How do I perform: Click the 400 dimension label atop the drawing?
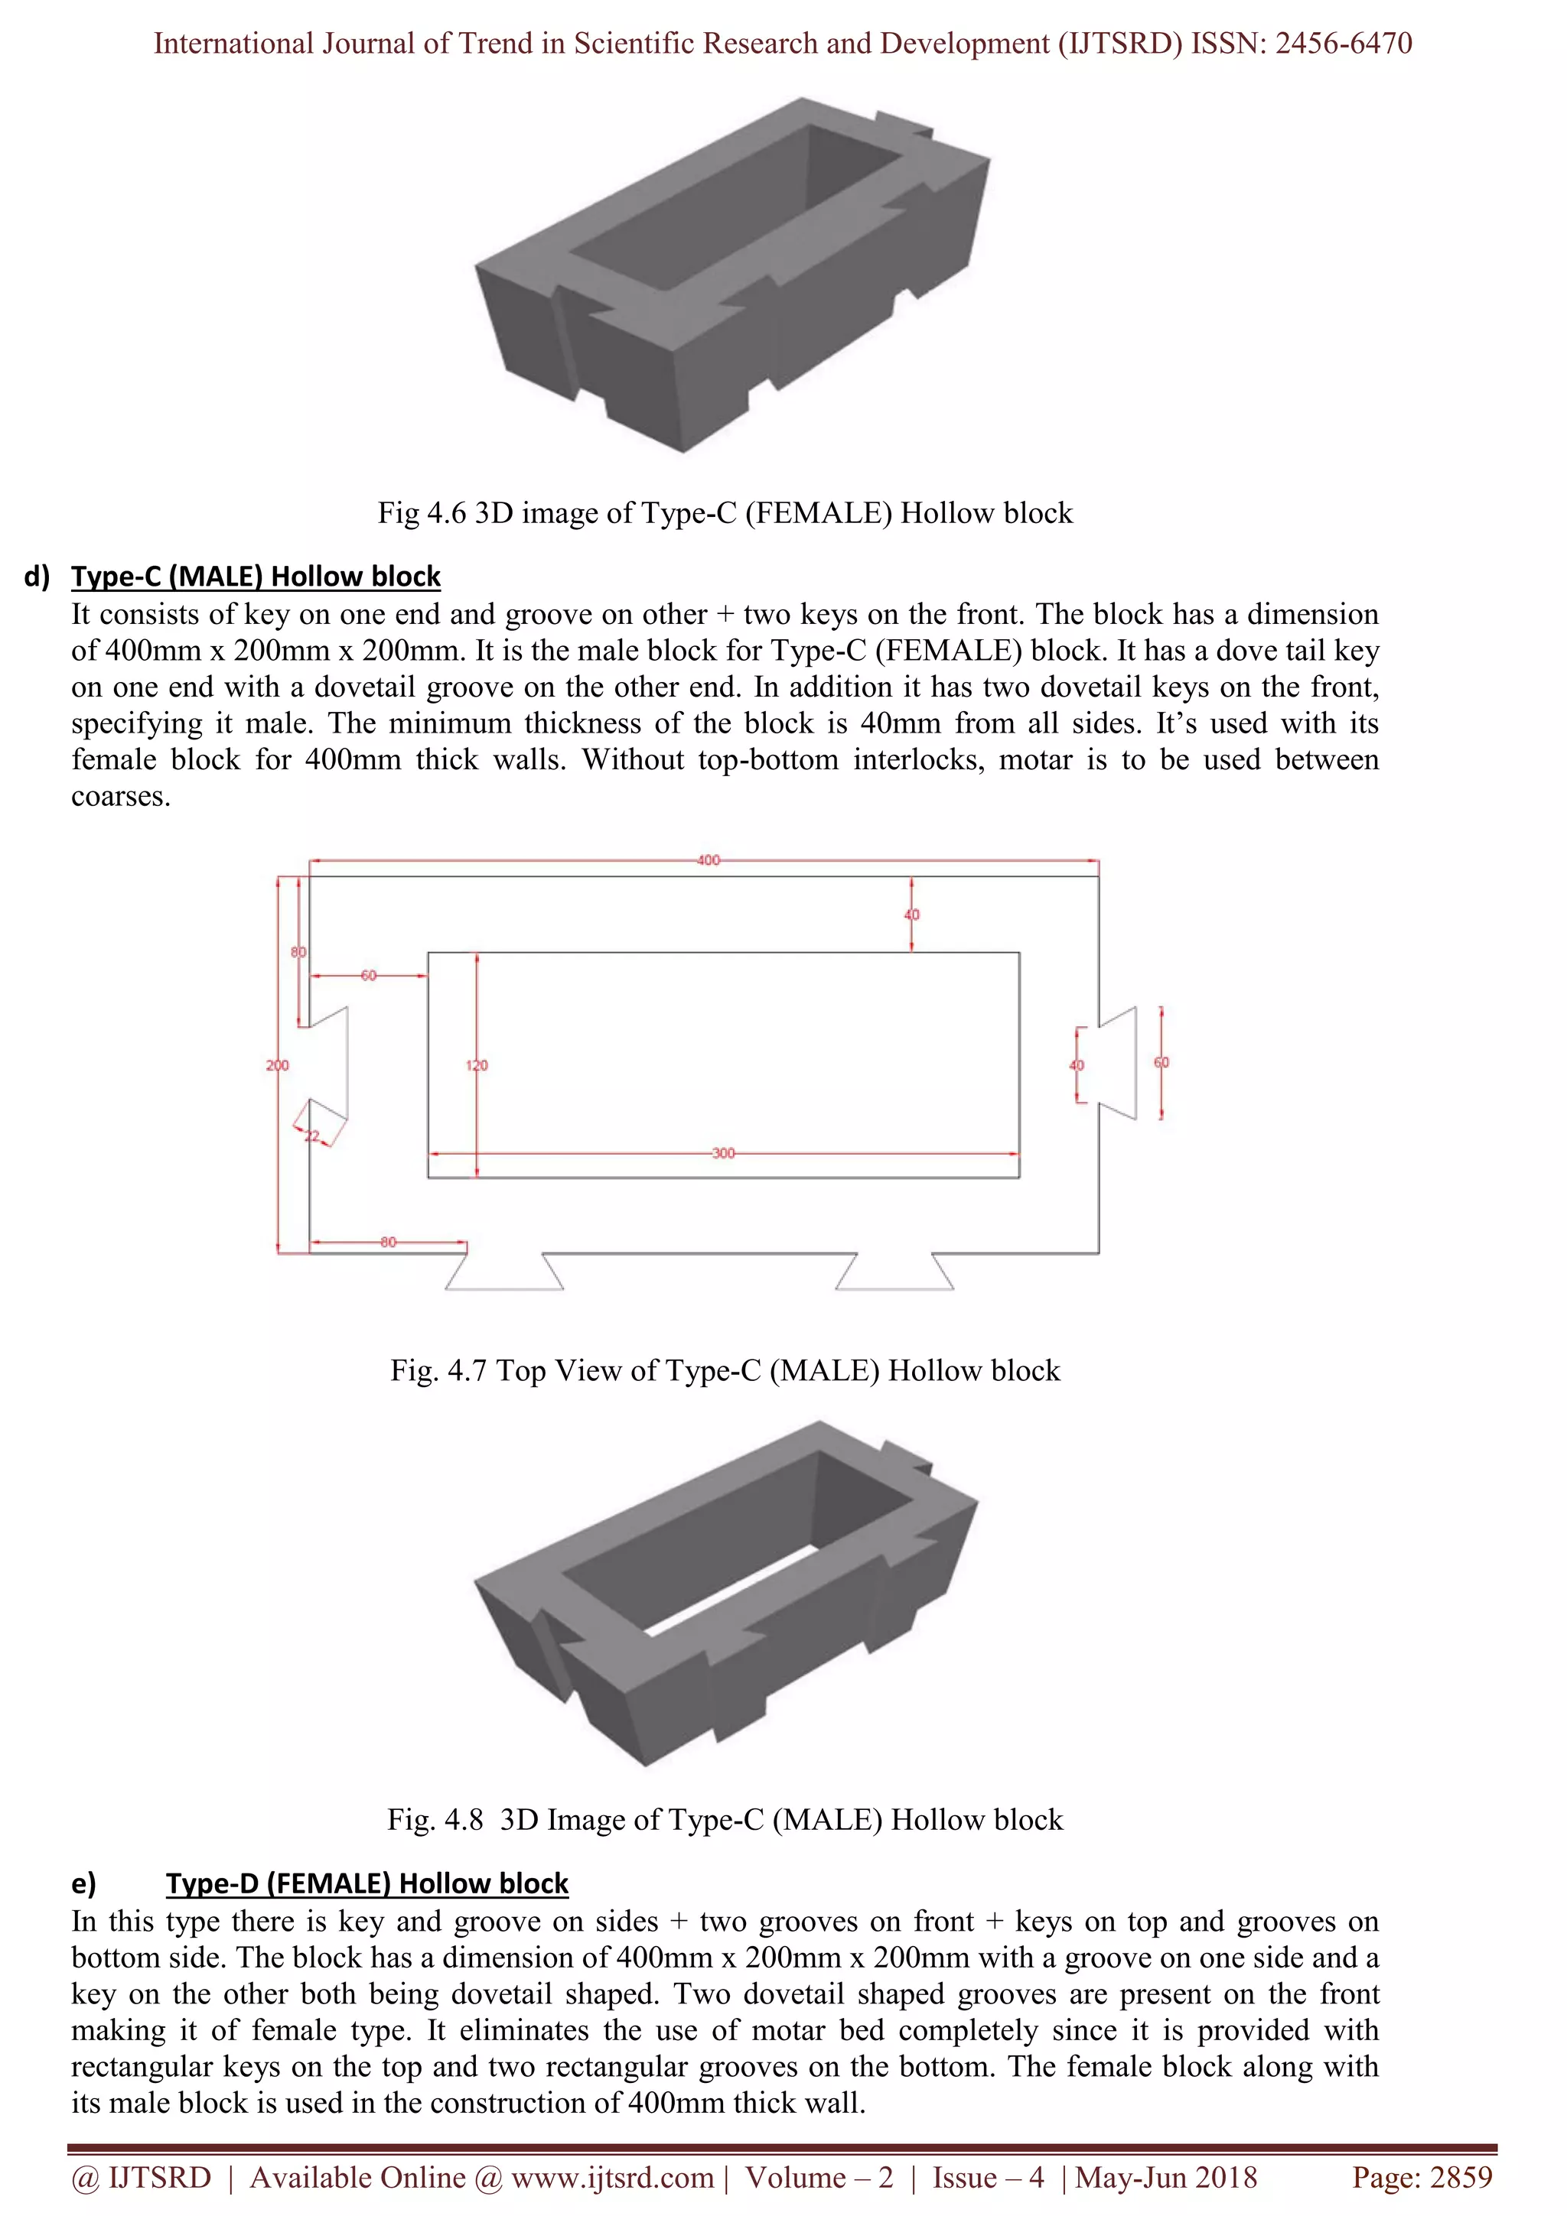[x=708, y=860]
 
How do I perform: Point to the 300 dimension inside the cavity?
[x=723, y=1153]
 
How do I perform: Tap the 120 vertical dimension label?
[x=477, y=1065]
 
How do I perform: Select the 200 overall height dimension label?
[x=277, y=1065]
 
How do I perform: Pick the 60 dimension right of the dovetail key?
[x=1161, y=1063]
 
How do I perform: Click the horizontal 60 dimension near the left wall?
[x=369, y=976]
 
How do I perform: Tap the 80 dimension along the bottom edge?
[x=388, y=1242]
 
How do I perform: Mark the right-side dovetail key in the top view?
[x=1118, y=1063]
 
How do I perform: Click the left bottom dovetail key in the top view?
[x=504, y=1272]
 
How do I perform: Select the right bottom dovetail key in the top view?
[x=894, y=1272]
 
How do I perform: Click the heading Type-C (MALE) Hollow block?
[x=256, y=577]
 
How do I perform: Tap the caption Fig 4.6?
[x=724, y=512]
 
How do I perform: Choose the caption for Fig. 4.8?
[x=724, y=1820]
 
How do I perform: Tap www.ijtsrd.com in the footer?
[x=612, y=2178]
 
